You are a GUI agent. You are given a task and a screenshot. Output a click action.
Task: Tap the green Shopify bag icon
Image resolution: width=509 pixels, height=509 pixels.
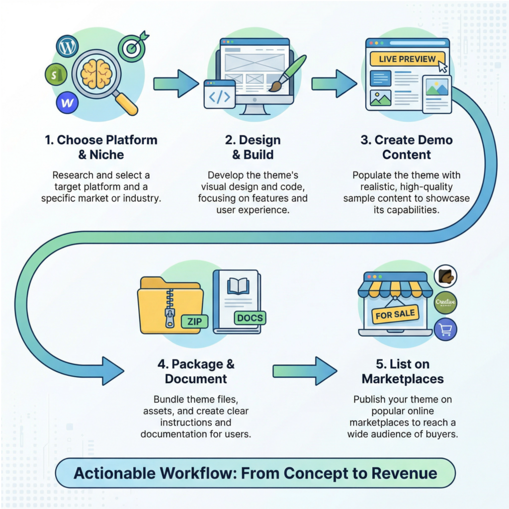pos(55,75)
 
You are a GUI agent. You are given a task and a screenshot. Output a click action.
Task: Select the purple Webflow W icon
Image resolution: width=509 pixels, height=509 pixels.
pos(67,103)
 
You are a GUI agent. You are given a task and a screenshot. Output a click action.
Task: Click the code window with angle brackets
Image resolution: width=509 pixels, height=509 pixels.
pos(219,94)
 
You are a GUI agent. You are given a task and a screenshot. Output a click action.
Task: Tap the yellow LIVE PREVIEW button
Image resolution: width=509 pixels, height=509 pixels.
pos(407,59)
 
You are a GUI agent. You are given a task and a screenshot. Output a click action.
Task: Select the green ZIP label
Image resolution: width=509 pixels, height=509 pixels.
pos(195,322)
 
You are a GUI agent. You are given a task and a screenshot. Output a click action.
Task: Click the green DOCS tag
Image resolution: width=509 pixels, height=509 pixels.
pos(250,318)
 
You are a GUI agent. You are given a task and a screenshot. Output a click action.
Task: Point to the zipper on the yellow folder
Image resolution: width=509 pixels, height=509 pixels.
pos(170,308)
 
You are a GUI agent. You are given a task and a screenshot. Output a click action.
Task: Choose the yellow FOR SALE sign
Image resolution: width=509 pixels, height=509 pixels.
pos(395,315)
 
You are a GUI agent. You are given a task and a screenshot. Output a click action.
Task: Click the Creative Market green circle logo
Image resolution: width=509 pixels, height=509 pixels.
pos(445,302)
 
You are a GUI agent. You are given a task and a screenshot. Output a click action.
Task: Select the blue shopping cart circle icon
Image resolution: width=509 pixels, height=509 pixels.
pos(445,329)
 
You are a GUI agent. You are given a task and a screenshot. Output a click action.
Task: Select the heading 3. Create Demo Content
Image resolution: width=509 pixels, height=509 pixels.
pos(407,147)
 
